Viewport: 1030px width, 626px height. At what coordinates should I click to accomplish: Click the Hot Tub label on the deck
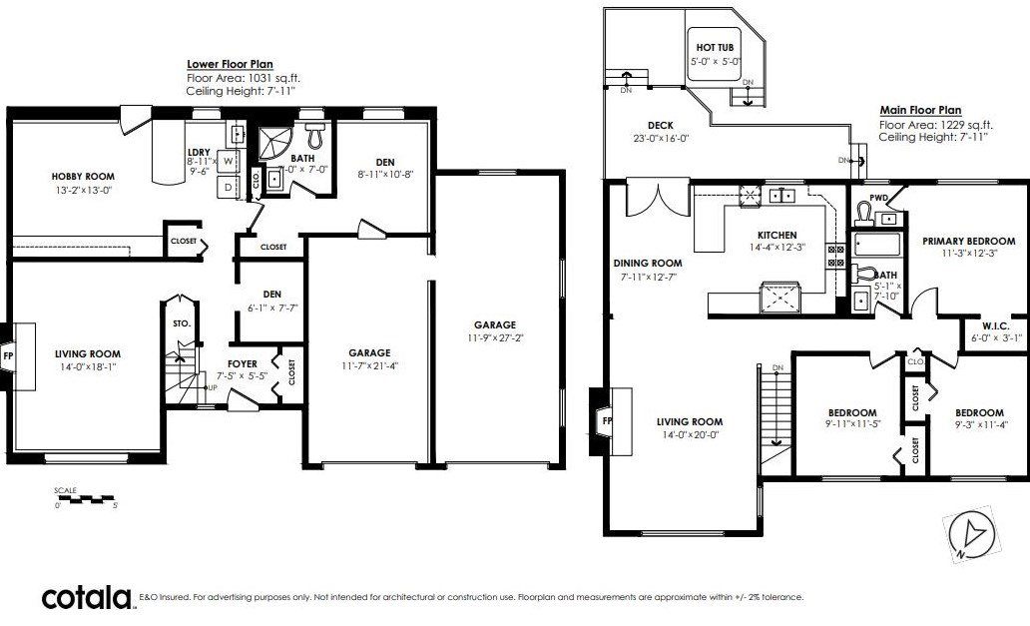click(715, 47)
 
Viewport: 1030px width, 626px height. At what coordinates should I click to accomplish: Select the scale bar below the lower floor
click(86, 499)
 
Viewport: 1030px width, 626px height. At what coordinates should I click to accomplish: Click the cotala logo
click(88, 598)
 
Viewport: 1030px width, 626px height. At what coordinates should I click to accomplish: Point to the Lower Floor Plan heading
click(230, 64)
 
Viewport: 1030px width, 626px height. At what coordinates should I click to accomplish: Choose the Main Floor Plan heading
click(920, 111)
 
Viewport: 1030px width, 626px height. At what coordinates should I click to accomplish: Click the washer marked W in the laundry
click(228, 161)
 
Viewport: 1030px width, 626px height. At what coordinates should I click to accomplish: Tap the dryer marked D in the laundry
click(228, 187)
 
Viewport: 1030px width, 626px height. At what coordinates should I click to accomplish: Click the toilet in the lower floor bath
click(316, 134)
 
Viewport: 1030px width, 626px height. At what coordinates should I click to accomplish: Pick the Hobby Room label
click(83, 176)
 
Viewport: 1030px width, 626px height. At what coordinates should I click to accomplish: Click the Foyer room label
click(243, 363)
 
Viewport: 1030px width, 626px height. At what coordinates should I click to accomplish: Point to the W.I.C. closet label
click(996, 326)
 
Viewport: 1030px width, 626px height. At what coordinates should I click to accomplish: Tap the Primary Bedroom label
click(969, 241)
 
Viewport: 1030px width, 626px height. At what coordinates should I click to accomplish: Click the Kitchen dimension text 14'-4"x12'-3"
click(777, 248)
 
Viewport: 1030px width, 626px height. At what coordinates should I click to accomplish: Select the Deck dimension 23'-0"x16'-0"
click(660, 139)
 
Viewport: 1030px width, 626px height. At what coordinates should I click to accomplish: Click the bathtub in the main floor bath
click(877, 245)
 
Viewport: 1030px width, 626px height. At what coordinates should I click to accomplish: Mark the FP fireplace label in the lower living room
click(8, 356)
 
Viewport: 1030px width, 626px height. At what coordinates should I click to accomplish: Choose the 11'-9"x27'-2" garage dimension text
click(495, 338)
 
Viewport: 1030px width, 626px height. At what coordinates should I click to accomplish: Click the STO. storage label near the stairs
click(182, 323)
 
